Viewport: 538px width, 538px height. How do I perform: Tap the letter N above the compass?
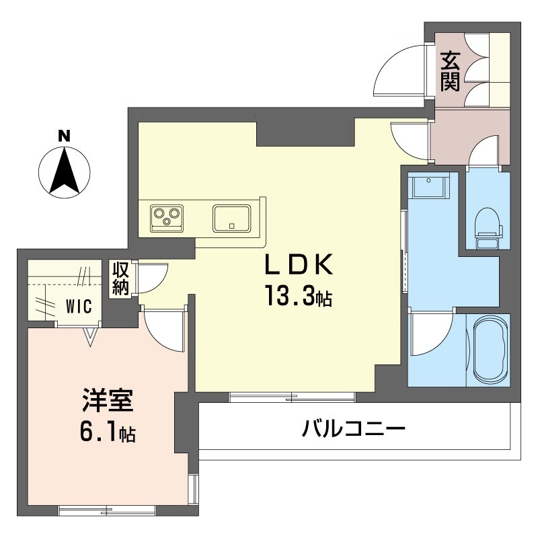(64, 134)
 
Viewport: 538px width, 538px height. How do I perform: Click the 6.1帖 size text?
(108, 434)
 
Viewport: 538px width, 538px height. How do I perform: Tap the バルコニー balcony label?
(353, 427)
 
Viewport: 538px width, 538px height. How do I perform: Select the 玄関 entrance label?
(450, 71)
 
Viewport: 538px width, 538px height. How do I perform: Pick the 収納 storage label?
(120, 278)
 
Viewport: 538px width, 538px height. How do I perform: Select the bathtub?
(489, 349)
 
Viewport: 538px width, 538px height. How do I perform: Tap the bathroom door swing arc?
(430, 333)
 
